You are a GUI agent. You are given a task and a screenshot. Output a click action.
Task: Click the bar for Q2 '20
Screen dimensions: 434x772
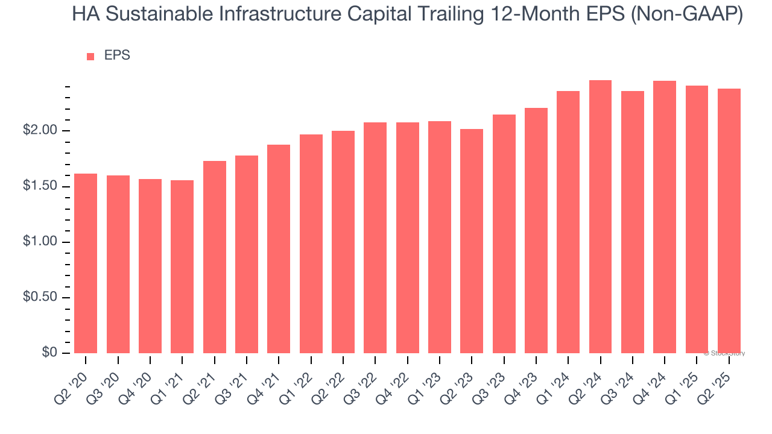[86, 263]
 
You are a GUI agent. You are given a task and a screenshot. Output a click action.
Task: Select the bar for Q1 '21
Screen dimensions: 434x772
[182, 266]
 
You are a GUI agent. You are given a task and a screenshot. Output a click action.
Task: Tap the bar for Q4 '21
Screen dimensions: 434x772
[279, 249]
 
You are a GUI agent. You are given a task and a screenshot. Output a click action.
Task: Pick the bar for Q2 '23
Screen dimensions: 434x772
[472, 241]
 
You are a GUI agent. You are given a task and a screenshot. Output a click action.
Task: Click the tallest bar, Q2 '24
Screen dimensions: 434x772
[600, 216]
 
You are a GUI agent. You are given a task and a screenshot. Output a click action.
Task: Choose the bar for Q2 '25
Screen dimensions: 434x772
[729, 221]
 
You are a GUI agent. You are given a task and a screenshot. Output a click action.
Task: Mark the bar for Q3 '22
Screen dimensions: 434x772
[375, 237]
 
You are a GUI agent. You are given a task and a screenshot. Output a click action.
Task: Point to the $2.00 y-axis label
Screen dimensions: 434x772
[40, 131]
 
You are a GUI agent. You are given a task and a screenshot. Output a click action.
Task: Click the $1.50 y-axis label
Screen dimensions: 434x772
[40, 186]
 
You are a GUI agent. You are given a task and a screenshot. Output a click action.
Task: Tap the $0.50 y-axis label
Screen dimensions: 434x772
[40, 298]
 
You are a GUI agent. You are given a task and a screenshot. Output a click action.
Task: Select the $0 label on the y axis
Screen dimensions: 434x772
[49, 353]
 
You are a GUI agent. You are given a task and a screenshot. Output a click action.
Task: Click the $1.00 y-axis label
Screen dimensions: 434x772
[40, 242]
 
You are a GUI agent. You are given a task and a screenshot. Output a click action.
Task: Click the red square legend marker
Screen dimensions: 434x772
[90, 57]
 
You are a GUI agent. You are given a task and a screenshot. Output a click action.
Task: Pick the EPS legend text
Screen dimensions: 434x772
[117, 55]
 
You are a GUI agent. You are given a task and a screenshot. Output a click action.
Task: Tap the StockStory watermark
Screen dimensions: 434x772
[724, 353]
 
